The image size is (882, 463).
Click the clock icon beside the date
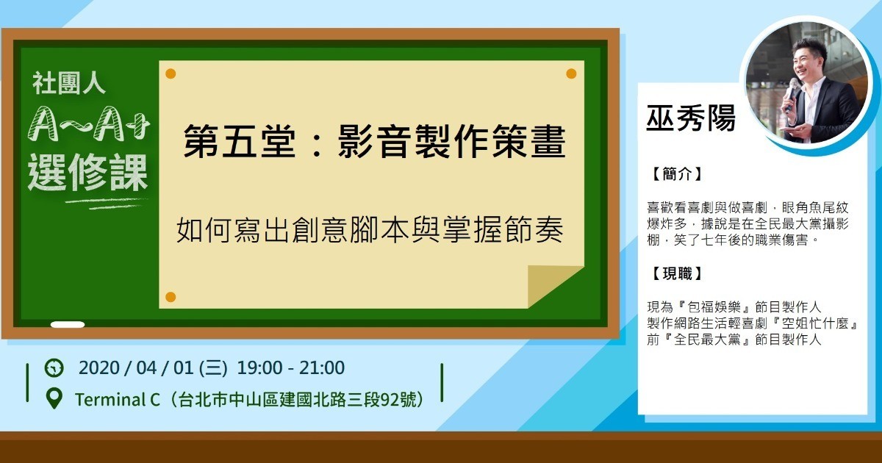coord(54,368)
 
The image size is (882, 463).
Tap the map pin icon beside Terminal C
coord(54,398)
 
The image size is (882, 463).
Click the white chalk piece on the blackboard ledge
coord(68,325)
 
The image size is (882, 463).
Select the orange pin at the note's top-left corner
coord(171,73)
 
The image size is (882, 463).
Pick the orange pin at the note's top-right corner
coord(571,73)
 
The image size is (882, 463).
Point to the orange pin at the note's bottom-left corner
coord(171,297)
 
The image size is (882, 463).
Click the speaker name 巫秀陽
coord(691,118)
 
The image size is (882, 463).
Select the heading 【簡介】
coord(677,174)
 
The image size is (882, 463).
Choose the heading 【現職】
coord(677,273)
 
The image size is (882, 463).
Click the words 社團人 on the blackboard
coord(69,83)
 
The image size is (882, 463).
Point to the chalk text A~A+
coord(89,124)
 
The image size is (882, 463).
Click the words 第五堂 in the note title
coord(240,141)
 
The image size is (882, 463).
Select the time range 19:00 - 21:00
coord(291,367)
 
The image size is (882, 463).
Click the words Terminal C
coord(118,400)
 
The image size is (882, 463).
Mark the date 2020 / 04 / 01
coord(136,367)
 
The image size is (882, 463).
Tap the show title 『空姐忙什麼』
coord(813,323)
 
